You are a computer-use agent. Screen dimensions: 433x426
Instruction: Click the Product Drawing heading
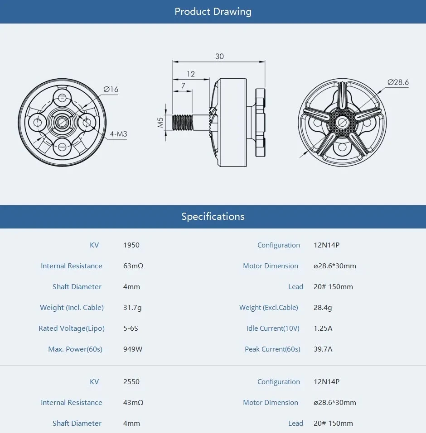[213, 12]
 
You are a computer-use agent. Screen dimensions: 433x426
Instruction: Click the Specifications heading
[213, 216]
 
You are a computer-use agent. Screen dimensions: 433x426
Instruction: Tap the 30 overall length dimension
[219, 57]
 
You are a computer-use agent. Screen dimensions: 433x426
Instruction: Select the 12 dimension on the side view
[190, 74]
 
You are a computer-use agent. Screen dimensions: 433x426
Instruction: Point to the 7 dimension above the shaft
[183, 86]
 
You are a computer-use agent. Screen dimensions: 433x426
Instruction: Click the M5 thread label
[160, 122]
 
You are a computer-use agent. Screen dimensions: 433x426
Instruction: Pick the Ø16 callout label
[111, 90]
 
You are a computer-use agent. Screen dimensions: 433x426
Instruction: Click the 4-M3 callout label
[118, 134]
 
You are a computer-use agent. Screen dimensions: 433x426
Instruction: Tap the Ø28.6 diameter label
[398, 82]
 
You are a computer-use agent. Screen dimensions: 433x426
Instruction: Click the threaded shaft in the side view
[184, 122]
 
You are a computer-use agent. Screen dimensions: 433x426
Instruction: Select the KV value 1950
[131, 245]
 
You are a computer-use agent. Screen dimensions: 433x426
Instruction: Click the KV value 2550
[131, 382]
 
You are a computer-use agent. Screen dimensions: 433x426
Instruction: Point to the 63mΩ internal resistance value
[133, 266]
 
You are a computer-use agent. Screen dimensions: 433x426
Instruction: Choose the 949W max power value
[133, 349]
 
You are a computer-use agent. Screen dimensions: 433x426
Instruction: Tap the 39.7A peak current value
[323, 349]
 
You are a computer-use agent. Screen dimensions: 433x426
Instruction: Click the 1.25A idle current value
[323, 328]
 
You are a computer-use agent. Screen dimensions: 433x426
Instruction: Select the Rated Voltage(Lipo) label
[72, 328]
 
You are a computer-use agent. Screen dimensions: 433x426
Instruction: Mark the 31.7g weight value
[132, 308]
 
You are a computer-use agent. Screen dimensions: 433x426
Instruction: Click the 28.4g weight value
[323, 308]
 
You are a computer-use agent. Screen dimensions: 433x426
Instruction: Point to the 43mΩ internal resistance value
[133, 403]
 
